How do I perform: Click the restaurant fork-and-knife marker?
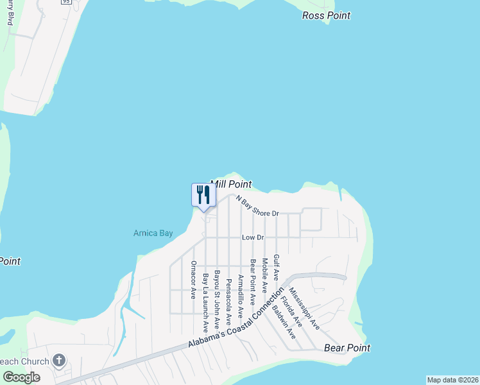tap(204, 195)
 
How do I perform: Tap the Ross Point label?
tap(326, 15)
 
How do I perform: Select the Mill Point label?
tap(231, 184)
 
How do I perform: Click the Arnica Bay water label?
tap(153, 233)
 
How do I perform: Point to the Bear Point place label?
tap(347, 348)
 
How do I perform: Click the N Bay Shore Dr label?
tap(257, 206)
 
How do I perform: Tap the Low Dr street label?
tap(253, 237)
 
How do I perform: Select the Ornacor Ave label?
tap(193, 279)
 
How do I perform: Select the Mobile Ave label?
tap(264, 277)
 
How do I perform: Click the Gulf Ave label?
tap(277, 267)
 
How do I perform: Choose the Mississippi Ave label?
tap(304, 309)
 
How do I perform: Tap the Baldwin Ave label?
tap(284, 321)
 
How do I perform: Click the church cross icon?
tap(59, 360)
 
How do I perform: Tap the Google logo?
tap(21, 377)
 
